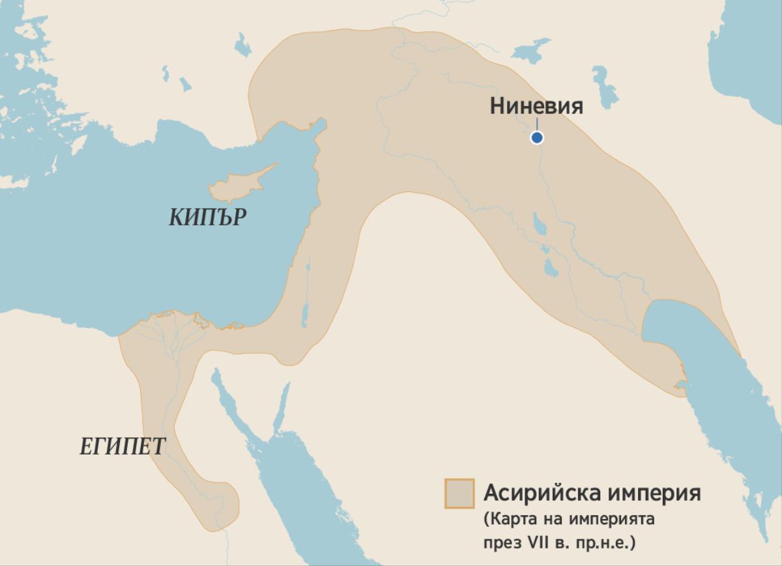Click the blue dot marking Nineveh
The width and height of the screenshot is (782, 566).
[537, 137]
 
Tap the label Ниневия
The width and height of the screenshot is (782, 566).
[536, 106]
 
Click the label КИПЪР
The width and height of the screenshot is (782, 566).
[209, 218]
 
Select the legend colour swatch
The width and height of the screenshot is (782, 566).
[459, 493]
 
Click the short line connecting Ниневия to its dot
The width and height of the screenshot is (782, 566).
[537, 124]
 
